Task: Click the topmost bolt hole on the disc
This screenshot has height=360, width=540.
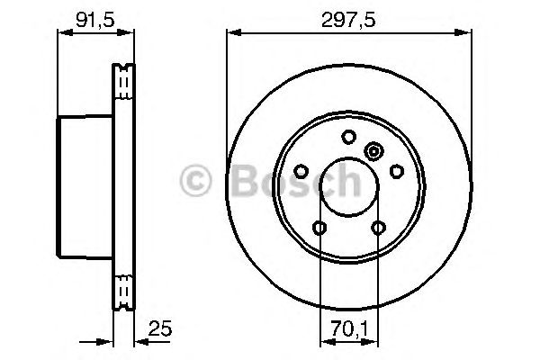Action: [x=349, y=137]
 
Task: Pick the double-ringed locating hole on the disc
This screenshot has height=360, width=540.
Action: [x=374, y=152]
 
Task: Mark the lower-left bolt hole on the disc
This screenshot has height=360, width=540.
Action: [x=319, y=228]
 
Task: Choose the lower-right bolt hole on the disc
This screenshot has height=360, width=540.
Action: [x=379, y=228]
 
